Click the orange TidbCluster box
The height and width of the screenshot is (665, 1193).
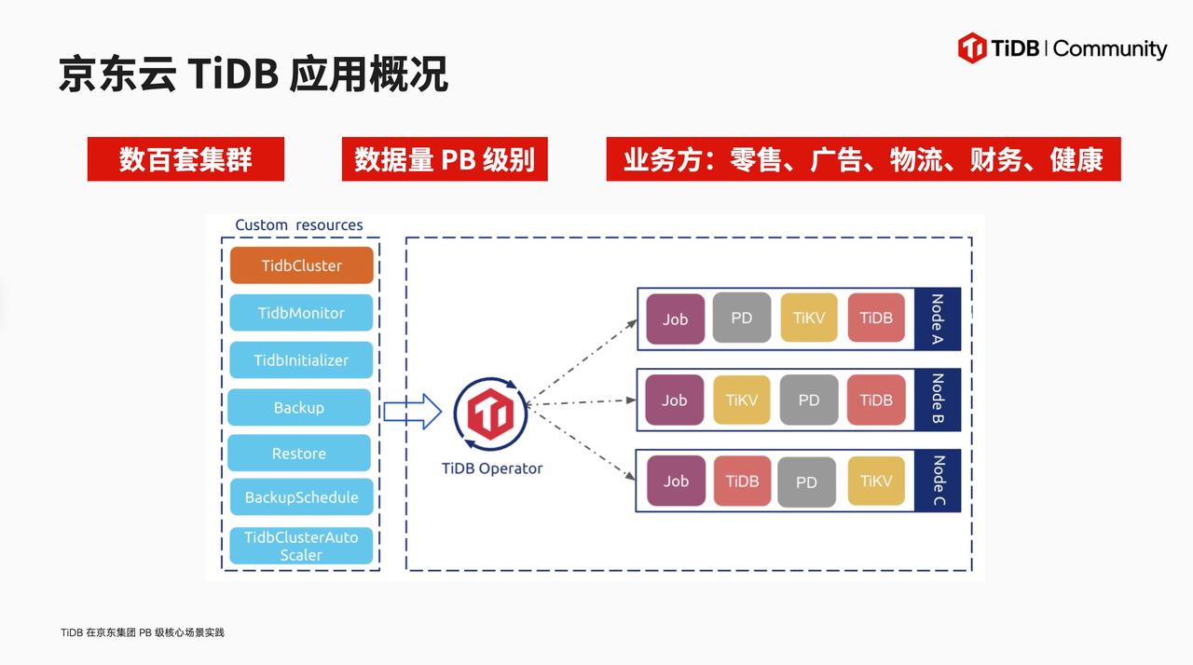click(x=301, y=265)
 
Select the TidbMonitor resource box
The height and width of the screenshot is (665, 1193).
click(x=301, y=313)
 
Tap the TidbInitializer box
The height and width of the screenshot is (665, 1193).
click(x=301, y=360)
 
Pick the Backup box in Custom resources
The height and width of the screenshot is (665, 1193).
click(x=299, y=408)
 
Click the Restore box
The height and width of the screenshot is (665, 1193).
click(x=299, y=454)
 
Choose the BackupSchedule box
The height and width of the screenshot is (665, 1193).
click(x=301, y=497)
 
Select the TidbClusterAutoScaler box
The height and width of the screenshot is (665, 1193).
click(x=301, y=546)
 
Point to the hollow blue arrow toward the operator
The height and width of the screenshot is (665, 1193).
click(x=412, y=411)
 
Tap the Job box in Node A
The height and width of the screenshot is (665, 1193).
click(x=675, y=319)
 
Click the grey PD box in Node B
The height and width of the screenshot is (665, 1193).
click(x=808, y=400)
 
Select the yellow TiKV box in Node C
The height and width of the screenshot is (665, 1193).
click(x=876, y=482)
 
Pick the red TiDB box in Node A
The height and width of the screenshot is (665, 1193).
click(x=876, y=319)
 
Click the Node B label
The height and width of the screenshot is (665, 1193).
click(x=938, y=400)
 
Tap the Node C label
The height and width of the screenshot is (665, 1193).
click(x=939, y=482)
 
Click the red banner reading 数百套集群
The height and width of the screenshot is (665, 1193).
click(x=185, y=159)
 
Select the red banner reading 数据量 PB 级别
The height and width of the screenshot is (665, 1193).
click(x=445, y=159)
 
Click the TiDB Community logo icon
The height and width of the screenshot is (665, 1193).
click(x=972, y=48)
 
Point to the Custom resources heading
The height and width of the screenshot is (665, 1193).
click(x=298, y=225)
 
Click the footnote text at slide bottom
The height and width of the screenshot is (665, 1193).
click(x=143, y=633)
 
